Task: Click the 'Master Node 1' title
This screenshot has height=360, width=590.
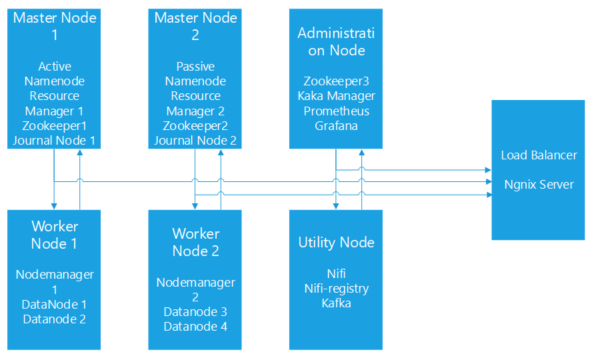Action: click(x=55, y=26)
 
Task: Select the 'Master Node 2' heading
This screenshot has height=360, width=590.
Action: click(x=195, y=26)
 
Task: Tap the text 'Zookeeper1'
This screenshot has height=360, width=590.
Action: click(x=55, y=125)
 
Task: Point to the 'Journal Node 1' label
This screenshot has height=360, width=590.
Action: click(x=55, y=140)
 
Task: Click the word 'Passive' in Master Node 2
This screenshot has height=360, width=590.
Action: click(x=195, y=67)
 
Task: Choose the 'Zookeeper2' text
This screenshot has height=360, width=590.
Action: click(x=195, y=125)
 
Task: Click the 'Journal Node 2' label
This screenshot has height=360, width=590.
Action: click(x=195, y=140)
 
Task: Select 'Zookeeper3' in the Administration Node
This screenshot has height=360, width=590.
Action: click(x=336, y=81)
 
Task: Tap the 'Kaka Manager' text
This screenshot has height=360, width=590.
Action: click(x=336, y=96)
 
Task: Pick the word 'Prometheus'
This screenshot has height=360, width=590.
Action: click(x=336, y=111)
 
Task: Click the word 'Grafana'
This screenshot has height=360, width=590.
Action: click(x=336, y=125)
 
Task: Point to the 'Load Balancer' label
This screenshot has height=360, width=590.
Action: click(x=539, y=155)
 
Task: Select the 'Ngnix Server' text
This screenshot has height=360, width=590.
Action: click(x=539, y=185)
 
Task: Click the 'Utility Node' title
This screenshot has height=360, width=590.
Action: click(x=336, y=243)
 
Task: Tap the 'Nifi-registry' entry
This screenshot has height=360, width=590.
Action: click(x=336, y=289)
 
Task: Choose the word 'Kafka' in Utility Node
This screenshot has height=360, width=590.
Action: click(x=336, y=303)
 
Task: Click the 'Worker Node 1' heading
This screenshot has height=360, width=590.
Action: click(x=55, y=235)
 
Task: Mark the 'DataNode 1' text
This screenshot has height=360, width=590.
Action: click(x=55, y=304)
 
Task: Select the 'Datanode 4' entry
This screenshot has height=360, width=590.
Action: click(x=195, y=327)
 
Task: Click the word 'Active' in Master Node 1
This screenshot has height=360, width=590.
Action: click(x=55, y=67)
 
